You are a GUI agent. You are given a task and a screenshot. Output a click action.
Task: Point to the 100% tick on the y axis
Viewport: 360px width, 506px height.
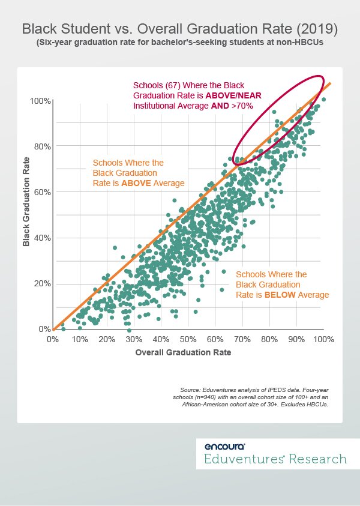[40, 100]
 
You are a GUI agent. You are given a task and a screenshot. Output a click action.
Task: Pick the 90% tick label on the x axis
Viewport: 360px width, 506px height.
[296, 340]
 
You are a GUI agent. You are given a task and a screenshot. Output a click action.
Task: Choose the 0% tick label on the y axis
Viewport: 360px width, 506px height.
[44, 329]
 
